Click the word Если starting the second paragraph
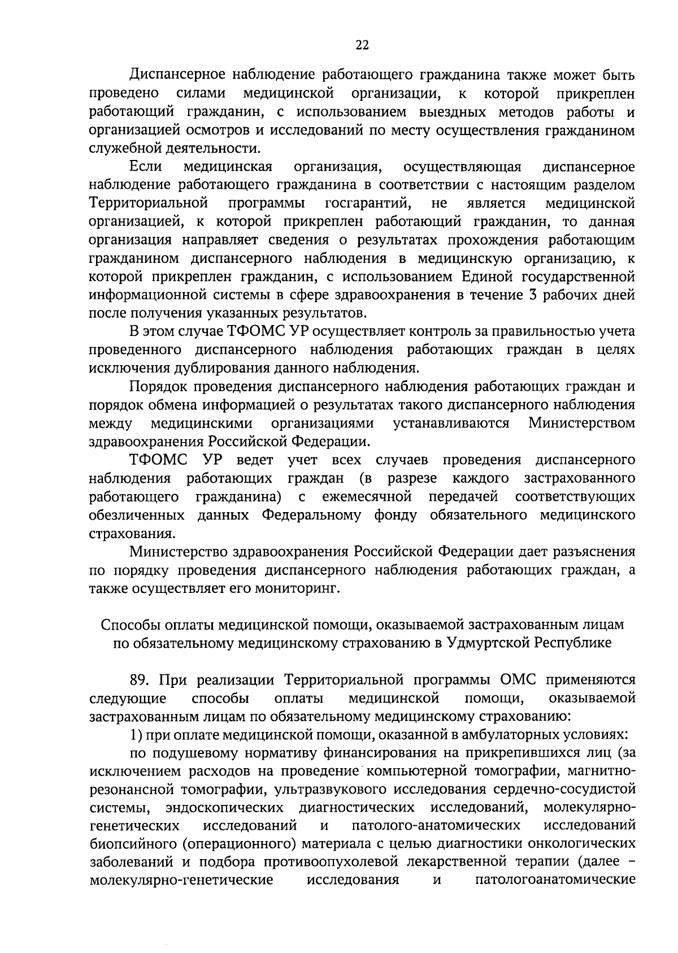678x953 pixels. pyautogui.click(x=146, y=167)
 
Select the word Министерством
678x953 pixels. pyautogui.click(x=581, y=423)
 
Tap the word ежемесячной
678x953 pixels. pyautogui.click(x=366, y=497)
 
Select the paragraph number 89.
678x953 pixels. pyautogui.click(x=140, y=679)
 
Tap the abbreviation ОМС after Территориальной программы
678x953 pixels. pyautogui.click(x=518, y=679)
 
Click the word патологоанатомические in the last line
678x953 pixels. pyautogui.click(x=555, y=881)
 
